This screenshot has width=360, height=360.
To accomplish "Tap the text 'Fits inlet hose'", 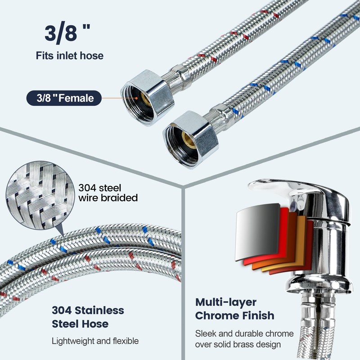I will tap(70, 56).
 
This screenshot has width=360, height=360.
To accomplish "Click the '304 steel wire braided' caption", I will tap(108, 193).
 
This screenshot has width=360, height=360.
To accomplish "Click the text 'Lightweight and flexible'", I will tap(94, 341).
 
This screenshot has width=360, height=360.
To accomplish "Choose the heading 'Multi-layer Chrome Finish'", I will tap(234, 309).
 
